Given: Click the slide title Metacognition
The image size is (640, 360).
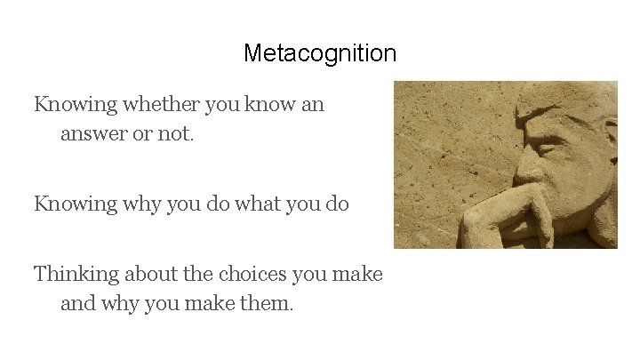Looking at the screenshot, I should click(320, 53).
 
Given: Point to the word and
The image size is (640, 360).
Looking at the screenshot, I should click(78, 305).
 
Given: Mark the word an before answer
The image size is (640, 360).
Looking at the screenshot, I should click(314, 105).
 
